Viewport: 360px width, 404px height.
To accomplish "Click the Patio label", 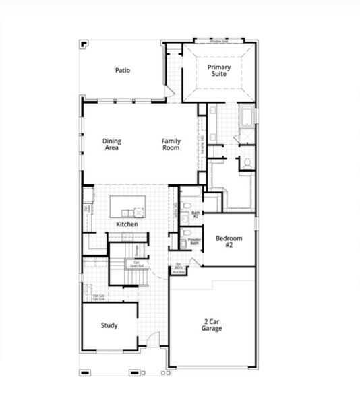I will [122, 70].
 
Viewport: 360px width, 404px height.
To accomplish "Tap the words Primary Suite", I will [219, 71].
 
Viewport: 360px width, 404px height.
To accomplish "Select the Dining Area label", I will [112, 144].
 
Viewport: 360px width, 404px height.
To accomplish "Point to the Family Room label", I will [171, 144].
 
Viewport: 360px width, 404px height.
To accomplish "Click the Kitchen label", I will [127, 224].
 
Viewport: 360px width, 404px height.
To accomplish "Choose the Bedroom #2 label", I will [229, 242].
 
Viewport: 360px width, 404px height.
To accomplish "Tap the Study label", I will [109, 325].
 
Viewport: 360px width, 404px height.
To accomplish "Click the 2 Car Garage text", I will [211, 325].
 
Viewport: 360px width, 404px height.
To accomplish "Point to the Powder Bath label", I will [194, 241].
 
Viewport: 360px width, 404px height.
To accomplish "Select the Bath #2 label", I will [195, 214].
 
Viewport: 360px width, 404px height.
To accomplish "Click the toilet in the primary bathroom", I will [247, 162].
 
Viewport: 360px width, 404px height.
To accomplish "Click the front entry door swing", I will [154, 339].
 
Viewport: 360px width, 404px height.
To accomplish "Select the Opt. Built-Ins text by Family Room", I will [202, 144].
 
